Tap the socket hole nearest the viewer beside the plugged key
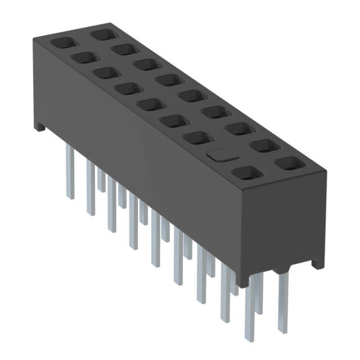point(245,173)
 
